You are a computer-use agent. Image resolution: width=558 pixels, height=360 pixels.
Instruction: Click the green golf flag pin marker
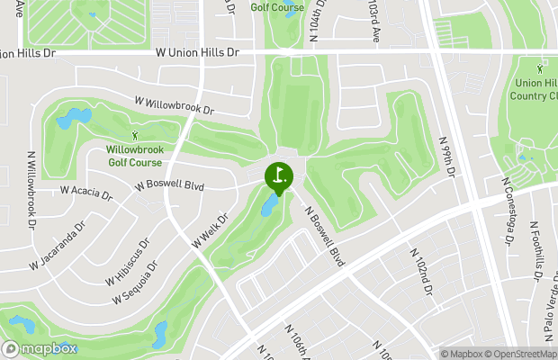tap(278, 174)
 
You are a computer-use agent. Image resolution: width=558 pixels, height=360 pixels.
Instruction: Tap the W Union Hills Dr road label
tap(196, 53)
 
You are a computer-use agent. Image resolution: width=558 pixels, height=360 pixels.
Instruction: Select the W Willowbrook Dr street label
tap(175, 106)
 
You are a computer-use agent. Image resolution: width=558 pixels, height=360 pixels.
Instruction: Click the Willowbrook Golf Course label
tap(135, 156)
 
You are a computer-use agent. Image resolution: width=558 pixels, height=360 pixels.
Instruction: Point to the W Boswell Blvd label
tap(170, 186)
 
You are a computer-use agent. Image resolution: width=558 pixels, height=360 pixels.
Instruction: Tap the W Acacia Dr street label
tap(85, 192)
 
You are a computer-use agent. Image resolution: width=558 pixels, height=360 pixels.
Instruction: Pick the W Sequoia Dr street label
tap(141, 283)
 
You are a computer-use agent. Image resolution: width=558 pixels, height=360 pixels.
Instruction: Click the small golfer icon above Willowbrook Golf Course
tap(135, 135)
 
